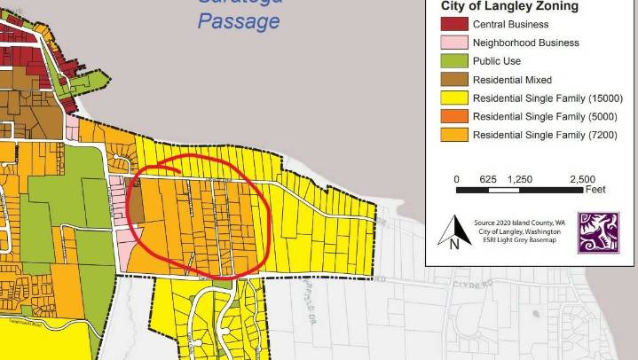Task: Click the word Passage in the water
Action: pyautogui.click(x=238, y=20)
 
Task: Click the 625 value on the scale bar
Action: pyautogui.click(x=488, y=179)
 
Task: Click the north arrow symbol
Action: pyautogui.click(x=453, y=231)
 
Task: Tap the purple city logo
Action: pyautogui.click(x=598, y=232)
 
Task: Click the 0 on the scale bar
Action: pyautogui.click(x=457, y=179)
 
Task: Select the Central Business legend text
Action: pyautogui.click(x=509, y=24)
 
